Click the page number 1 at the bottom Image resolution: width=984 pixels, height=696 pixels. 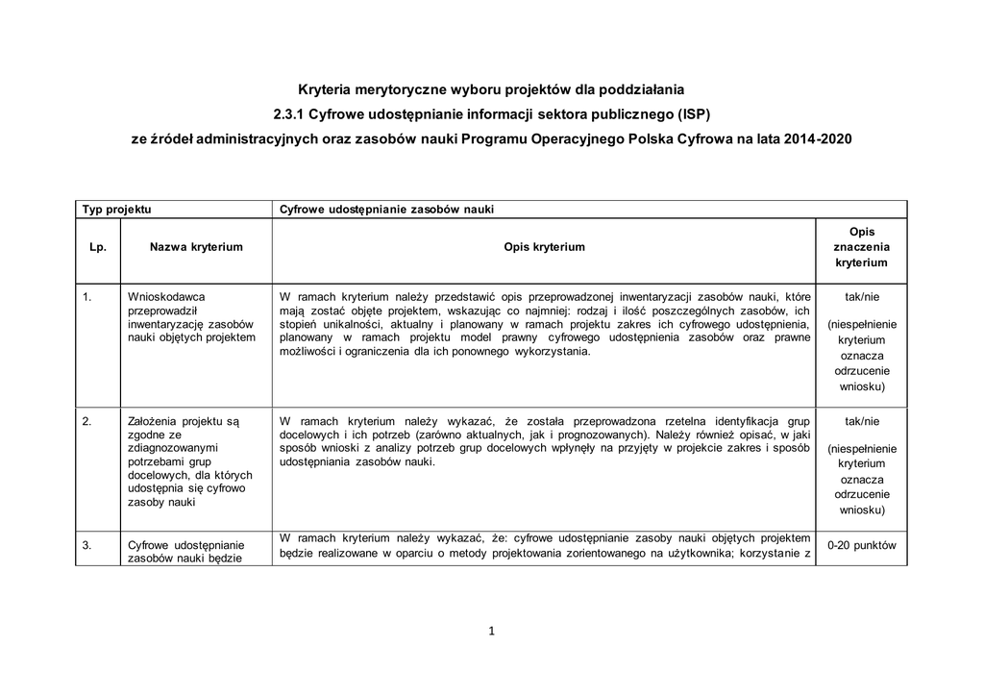tap(491, 632)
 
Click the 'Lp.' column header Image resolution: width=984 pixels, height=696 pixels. tap(97, 247)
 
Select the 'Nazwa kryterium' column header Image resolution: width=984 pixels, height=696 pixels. tap(196, 247)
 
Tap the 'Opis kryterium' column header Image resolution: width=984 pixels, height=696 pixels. tap(544, 247)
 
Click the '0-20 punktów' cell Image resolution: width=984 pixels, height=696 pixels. tap(861, 545)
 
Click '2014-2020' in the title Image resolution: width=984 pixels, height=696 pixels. tap(817, 138)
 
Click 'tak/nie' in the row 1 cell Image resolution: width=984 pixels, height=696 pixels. tap(861, 297)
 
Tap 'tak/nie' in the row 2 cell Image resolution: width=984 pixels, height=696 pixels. tap(861, 421)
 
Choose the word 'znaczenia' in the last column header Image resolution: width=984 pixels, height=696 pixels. tap(861, 247)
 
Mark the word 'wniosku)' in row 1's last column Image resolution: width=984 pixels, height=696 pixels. tap(861, 386)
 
